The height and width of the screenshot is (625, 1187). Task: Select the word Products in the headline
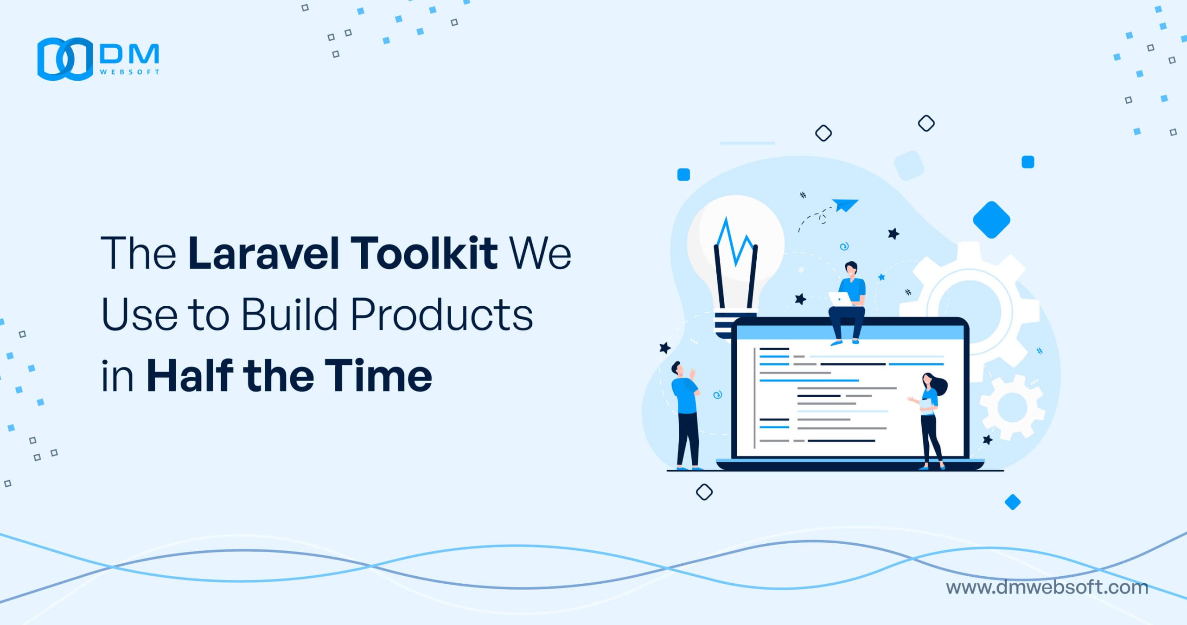[x=441, y=314]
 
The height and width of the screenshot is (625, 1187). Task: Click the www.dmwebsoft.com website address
[x=1047, y=587]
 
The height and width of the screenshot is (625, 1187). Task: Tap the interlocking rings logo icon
[x=65, y=59]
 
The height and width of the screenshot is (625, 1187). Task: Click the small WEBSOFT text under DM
[x=130, y=72]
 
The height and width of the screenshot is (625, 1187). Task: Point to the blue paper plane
[x=845, y=205]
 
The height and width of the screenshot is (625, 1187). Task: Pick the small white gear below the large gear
[x=1012, y=407]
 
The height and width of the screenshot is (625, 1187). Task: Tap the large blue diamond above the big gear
[x=991, y=220]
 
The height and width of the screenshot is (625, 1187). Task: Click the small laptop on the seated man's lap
[x=840, y=299]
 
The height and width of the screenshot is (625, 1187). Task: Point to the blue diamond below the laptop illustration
[x=1013, y=502]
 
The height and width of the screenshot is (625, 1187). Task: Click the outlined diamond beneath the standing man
[x=704, y=492]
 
